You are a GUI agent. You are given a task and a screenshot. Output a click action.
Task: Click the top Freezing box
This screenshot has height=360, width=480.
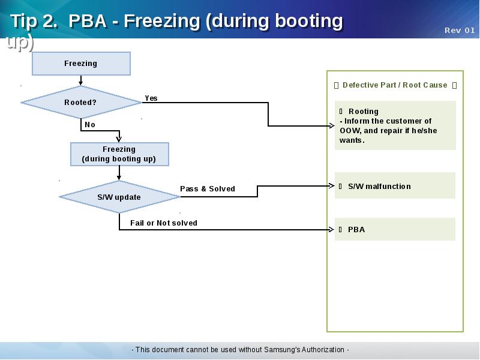click(81, 64)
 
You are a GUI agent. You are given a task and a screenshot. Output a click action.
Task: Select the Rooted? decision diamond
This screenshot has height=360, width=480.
click(81, 103)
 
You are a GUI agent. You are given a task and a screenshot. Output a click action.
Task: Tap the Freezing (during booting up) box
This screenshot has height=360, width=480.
click(119, 154)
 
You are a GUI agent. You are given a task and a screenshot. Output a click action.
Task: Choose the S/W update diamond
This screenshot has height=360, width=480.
click(119, 197)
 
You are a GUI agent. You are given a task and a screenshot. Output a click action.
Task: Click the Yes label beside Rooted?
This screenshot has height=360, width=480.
click(151, 98)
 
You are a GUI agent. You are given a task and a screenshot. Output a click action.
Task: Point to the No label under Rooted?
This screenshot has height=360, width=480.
click(90, 125)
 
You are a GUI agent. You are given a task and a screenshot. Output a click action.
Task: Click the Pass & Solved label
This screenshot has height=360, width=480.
click(208, 189)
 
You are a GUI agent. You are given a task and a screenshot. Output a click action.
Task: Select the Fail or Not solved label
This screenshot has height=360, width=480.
click(164, 223)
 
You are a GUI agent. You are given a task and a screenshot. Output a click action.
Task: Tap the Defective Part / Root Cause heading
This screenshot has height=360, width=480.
click(395, 85)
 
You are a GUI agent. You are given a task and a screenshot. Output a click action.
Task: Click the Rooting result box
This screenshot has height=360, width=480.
click(395, 125)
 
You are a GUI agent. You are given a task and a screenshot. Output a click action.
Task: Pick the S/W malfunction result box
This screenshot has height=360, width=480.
click(395, 186)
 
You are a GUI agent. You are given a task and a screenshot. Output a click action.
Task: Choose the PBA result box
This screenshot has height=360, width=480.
click(395, 229)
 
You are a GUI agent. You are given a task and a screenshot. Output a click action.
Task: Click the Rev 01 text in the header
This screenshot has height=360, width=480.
click(460, 31)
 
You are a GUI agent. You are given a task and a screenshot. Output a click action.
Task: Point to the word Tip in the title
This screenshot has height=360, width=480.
click(24, 21)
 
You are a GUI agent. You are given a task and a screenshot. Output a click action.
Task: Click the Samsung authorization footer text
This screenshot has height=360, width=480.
click(240, 350)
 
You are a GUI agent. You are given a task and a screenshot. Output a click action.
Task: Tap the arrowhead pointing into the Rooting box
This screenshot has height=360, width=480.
click(331, 126)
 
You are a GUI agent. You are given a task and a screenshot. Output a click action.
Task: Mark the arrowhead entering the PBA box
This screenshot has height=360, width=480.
click(331, 229)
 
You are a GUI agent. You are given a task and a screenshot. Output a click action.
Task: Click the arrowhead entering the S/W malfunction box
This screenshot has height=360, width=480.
click(331, 186)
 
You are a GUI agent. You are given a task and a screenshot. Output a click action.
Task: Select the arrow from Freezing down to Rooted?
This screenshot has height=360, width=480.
click(81, 80)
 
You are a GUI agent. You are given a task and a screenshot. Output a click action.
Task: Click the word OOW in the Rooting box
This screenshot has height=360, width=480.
click(350, 131)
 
